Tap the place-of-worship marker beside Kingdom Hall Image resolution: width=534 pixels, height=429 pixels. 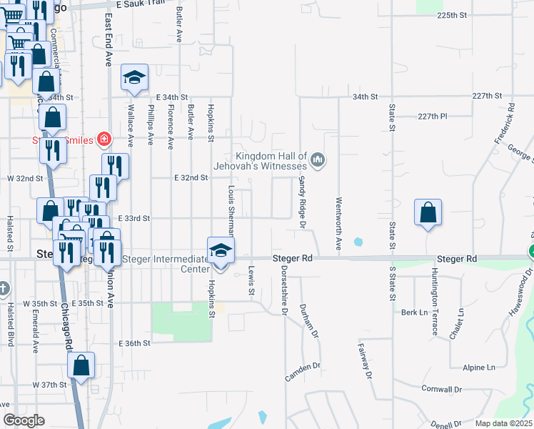tap(319, 159)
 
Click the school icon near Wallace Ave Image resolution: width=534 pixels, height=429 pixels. tap(134, 79)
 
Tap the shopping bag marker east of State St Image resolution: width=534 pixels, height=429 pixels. tap(428, 212)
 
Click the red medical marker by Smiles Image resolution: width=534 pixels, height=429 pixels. tap(104, 138)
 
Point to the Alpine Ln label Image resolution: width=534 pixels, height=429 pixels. tap(478, 368)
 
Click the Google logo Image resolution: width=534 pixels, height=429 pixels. tap(24, 420)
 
